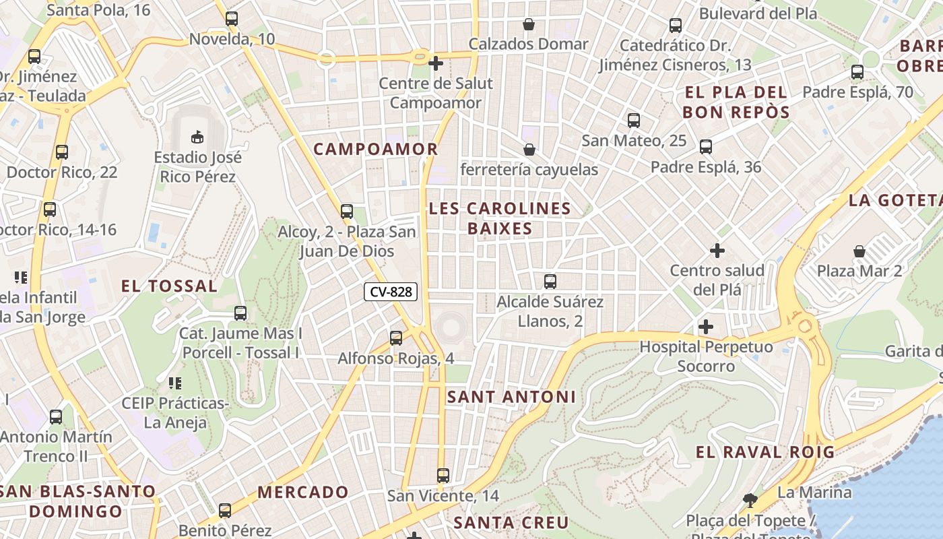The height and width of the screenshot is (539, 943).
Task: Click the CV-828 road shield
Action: click(391, 292)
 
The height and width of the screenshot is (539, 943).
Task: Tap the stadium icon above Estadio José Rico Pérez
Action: click(197, 137)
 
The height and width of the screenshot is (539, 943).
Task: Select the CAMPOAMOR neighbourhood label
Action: click(376, 149)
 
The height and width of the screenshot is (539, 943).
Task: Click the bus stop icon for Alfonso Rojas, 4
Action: click(396, 338)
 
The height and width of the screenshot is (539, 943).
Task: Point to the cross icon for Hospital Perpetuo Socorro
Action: click(706, 327)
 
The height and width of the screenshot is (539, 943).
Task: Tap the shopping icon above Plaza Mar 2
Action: click(859, 251)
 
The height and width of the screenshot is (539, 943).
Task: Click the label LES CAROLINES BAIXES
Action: click(500, 218)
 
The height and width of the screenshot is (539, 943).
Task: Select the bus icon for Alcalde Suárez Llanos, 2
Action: click(550, 281)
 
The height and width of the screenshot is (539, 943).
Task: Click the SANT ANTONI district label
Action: click(512, 397)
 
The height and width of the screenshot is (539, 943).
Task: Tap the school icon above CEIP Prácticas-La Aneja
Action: click(175, 383)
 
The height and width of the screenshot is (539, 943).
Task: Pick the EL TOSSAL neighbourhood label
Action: click(169, 286)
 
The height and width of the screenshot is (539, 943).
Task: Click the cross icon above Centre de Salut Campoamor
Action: click(436, 63)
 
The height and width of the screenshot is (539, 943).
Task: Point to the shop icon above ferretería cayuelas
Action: click(529, 150)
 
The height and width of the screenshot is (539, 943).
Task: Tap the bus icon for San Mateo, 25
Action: click(634, 121)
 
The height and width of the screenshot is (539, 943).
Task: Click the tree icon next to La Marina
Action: click(748, 500)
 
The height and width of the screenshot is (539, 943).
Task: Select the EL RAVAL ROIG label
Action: click(765, 452)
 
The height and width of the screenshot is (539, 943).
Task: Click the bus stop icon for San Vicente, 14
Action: click(443, 476)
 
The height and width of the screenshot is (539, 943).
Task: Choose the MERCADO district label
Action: click(303, 492)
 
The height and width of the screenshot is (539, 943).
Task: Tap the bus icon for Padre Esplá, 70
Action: click(857, 71)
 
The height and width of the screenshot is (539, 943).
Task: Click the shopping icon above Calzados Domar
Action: click(529, 24)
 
